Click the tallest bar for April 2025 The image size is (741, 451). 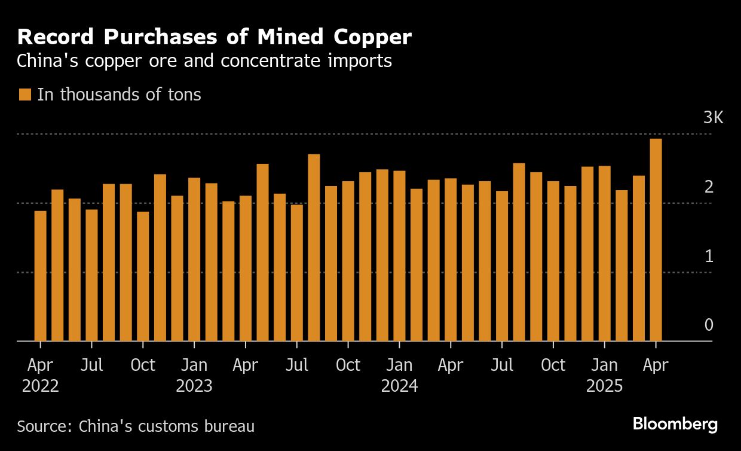pyautogui.click(x=656, y=239)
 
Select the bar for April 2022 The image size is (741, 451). pyautogui.click(x=40, y=276)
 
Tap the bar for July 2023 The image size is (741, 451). pyautogui.click(x=297, y=273)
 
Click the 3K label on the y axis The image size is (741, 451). pyautogui.click(x=713, y=118)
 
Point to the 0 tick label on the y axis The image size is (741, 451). pyautogui.click(x=709, y=325)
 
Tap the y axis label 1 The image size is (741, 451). pyautogui.click(x=709, y=256)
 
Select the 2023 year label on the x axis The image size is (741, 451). pyautogui.click(x=194, y=386)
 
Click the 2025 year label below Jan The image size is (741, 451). pyautogui.click(x=604, y=386)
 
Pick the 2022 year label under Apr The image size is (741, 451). pyautogui.click(x=40, y=386)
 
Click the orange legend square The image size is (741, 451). pyautogui.click(x=25, y=95)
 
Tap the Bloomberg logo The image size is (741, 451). pyautogui.click(x=675, y=424)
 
